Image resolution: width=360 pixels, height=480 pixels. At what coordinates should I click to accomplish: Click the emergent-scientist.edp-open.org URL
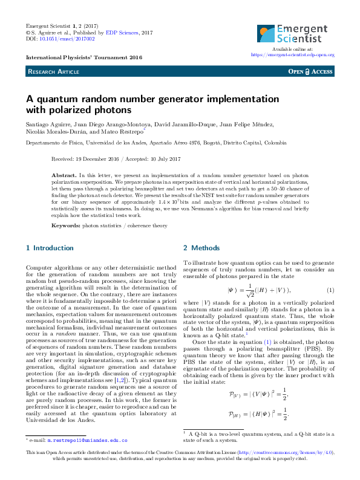(292, 54)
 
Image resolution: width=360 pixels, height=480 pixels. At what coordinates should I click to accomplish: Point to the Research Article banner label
(53, 71)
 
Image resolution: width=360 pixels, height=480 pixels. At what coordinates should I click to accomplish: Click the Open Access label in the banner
(311, 71)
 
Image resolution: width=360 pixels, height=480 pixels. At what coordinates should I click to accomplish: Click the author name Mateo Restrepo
(125, 132)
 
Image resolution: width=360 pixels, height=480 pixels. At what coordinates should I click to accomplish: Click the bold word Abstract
(64, 174)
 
